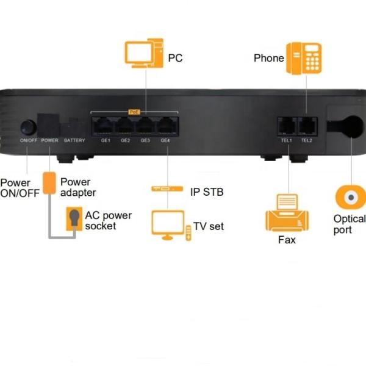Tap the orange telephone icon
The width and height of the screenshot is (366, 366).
pos(304,58)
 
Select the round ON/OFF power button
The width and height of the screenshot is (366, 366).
pos(27,127)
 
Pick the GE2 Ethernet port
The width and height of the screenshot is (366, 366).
pos(125,126)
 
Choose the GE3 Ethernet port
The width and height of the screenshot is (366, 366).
pos(145,126)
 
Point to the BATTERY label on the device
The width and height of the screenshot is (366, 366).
pos(74,141)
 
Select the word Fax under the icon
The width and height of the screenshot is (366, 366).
pos(287,240)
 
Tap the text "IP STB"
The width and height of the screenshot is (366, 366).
pos(207,192)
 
